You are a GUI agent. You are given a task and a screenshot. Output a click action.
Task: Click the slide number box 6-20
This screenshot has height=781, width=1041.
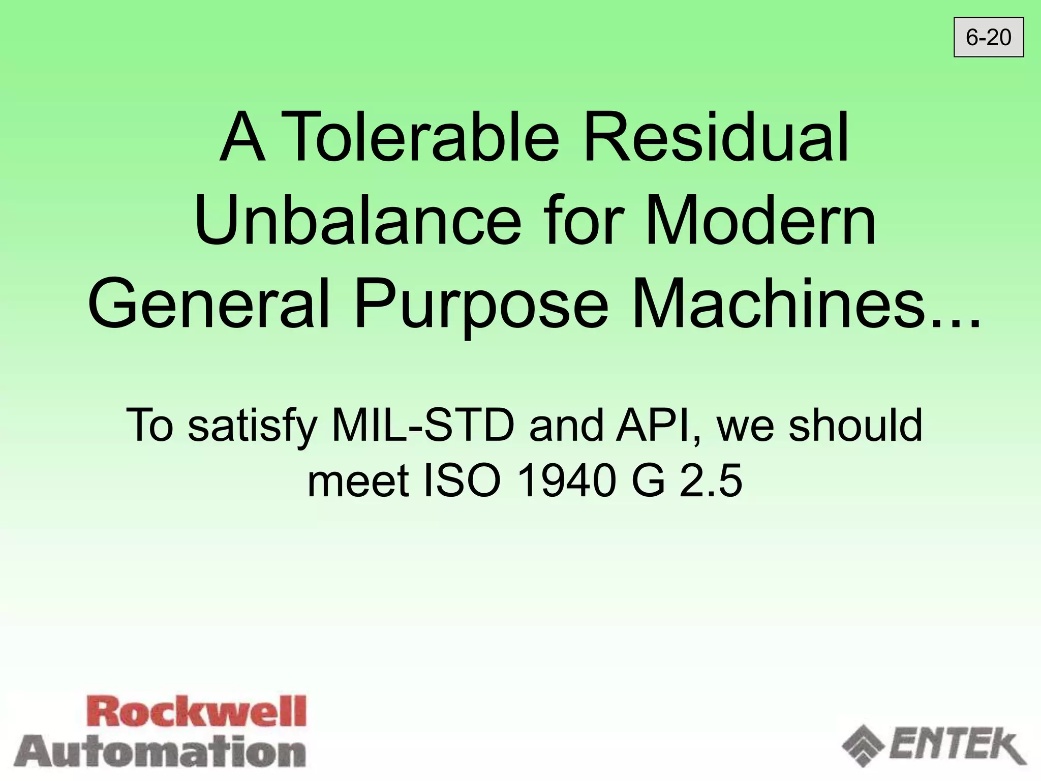[988, 38]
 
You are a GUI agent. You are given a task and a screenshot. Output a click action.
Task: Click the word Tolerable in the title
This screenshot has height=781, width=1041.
[420, 137]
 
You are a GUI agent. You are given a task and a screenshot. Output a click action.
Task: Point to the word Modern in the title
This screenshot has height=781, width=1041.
[760, 221]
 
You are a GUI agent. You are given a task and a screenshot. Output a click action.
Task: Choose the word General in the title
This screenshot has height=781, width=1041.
[209, 304]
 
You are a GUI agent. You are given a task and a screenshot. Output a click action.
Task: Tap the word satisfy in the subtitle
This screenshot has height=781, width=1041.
[252, 426]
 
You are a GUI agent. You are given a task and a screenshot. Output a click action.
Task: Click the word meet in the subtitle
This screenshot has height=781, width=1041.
[358, 481]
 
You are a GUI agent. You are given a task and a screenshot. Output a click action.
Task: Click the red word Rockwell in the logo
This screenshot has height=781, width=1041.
[198, 712]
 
